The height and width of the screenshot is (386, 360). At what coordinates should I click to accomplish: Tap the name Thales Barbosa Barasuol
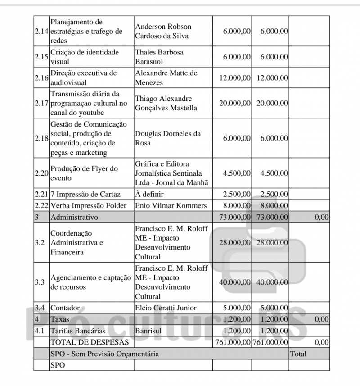coord(159,57)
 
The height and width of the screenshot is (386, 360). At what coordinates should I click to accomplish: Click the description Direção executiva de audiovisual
coord(79,77)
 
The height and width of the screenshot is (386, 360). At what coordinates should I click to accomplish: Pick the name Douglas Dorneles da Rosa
coord(168,139)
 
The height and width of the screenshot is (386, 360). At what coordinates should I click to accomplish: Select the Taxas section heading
coord(60,319)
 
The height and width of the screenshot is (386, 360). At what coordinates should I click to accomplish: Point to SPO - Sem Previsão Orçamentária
coord(105,354)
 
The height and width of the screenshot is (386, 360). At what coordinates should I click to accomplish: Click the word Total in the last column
coord(299,354)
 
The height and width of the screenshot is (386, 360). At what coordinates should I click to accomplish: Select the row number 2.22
coord(41,205)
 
